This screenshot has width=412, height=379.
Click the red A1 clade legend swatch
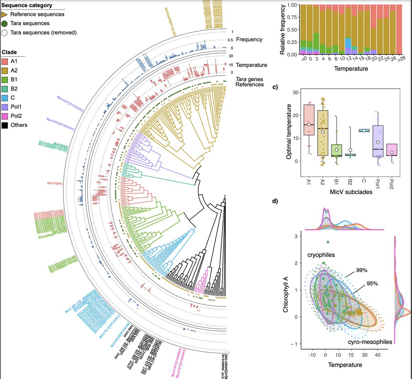tap(5, 62)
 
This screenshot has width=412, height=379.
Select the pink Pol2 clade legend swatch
tap(5, 116)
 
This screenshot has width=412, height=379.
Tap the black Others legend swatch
tap(5, 125)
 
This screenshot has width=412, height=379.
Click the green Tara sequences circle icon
tap(4, 23)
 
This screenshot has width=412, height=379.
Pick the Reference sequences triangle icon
tap(4, 14)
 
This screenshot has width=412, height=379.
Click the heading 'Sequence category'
tap(27, 5)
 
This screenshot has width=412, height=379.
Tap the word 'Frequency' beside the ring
tap(249, 40)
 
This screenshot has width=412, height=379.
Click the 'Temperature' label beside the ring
tap(251, 65)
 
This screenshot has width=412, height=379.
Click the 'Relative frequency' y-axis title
tap(283, 30)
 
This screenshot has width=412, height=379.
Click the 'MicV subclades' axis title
tap(351, 192)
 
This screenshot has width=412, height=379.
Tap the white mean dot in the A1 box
tap(309, 124)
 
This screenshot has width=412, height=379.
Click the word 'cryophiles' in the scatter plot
tap(321, 255)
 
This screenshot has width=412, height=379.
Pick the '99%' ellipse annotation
tap(362, 270)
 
